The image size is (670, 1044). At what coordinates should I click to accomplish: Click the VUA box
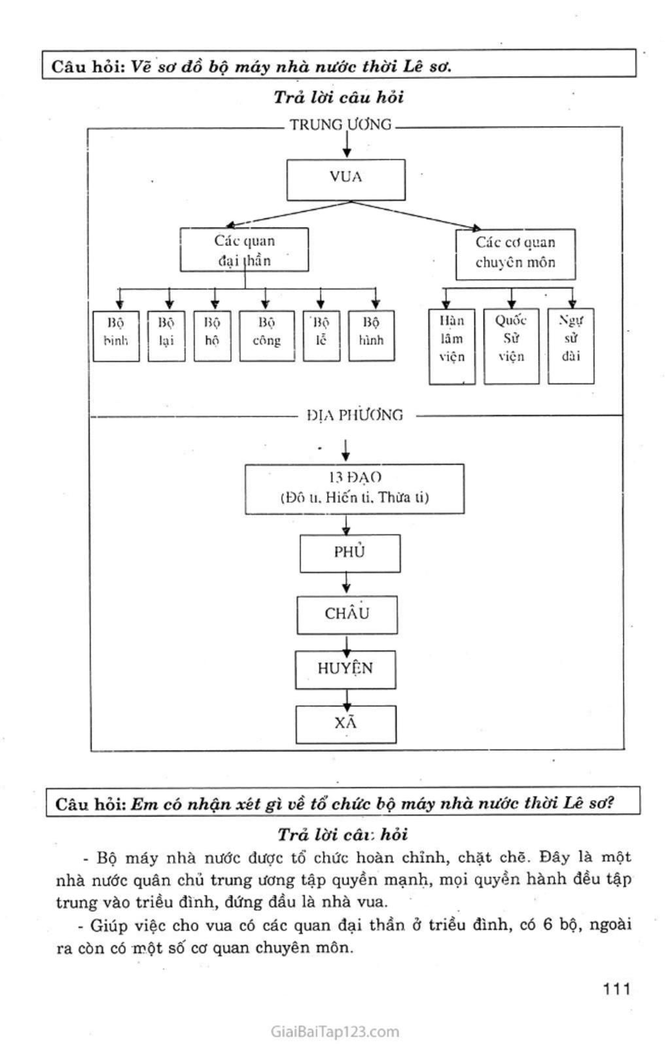(x=345, y=179)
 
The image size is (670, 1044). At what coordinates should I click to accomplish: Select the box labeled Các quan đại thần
(x=244, y=250)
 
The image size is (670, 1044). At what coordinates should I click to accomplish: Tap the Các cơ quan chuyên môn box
(x=515, y=254)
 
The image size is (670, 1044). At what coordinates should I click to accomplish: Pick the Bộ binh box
(x=116, y=336)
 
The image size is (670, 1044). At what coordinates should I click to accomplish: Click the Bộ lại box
(x=166, y=336)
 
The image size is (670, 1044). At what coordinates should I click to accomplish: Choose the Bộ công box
(x=266, y=336)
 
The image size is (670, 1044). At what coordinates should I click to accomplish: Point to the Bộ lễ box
(x=321, y=336)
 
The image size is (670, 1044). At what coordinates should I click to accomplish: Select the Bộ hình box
(x=371, y=336)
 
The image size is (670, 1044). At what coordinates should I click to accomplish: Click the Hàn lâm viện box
(x=451, y=346)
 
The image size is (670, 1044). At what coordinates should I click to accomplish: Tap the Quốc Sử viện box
(x=511, y=346)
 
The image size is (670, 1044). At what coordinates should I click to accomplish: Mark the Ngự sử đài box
(x=571, y=345)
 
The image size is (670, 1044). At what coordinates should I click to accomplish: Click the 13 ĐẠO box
(x=354, y=489)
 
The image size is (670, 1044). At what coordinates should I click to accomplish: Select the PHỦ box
(x=349, y=553)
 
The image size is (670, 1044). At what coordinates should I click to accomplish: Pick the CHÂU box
(x=347, y=615)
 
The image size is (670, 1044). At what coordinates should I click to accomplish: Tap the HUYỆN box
(x=345, y=669)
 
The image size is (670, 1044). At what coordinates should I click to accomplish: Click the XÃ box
(x=345, y=724)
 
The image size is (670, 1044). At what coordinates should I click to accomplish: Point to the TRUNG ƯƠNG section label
(x=340, y=124)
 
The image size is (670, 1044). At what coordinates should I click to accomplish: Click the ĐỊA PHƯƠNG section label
(x=355, y=415)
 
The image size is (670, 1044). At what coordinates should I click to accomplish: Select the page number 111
(x=616, y=988)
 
